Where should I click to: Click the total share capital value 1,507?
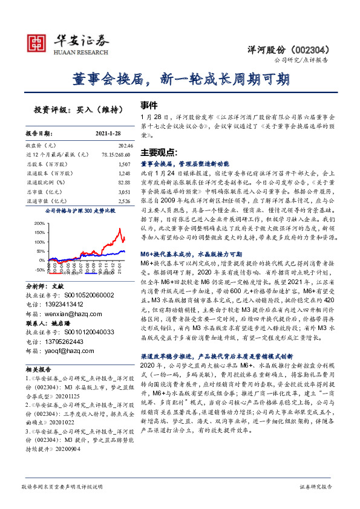click(x=124, y=164)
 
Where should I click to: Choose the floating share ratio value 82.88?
click(x=124, y=173)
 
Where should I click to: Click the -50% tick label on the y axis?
click(x=39, y=270)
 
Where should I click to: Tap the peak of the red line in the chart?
click(x=120, y=228)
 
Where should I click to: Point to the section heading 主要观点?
click(x=159, y=151)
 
